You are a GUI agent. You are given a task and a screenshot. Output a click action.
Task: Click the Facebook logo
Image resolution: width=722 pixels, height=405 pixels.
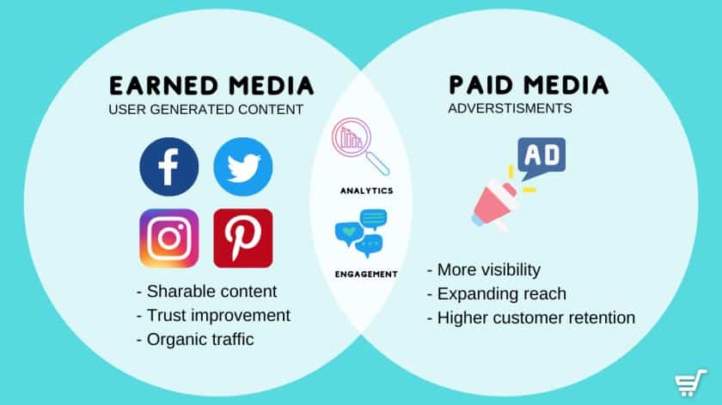169,166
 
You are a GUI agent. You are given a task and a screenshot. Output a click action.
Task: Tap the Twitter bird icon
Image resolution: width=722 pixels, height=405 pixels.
243,166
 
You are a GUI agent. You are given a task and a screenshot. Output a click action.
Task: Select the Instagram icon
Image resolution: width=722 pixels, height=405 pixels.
169,239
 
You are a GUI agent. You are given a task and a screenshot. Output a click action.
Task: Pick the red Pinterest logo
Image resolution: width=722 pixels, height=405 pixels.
243,239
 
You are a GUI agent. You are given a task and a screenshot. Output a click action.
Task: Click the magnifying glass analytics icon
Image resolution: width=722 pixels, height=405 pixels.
360,146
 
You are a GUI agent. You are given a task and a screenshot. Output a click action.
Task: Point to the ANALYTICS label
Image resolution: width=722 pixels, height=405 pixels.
366,190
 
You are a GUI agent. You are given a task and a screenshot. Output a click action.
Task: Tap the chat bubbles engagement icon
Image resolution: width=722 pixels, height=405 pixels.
361,233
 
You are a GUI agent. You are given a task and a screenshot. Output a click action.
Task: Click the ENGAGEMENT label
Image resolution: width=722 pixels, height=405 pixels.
366,275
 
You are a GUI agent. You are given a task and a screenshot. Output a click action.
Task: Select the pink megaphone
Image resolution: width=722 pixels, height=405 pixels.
496,205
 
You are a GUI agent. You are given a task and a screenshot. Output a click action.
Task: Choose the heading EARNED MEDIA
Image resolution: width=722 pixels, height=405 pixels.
211,87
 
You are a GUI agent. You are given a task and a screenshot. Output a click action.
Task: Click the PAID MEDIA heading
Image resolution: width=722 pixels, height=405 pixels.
529,86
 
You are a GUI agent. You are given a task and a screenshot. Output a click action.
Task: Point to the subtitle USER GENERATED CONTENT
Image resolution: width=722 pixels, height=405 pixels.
205,110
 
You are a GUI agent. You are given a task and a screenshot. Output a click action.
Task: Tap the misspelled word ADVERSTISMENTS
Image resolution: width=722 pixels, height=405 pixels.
511,108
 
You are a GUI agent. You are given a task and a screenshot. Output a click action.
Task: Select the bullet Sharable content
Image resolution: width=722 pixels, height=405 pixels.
207,292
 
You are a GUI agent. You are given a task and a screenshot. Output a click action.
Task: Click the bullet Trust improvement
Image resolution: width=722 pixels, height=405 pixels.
213,316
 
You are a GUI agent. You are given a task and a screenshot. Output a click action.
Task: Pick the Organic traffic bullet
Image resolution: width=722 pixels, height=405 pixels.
195,339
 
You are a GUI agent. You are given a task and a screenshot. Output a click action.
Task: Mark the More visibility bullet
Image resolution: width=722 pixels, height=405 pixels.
483,269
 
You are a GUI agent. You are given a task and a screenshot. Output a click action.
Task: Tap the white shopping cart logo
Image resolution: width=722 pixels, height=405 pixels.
690,383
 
